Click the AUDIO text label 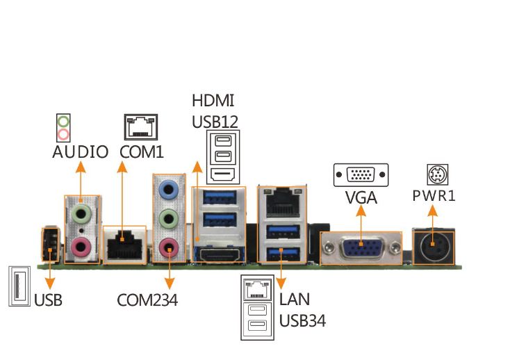pyautogui.click(x=80, y=152)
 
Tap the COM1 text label pyautogui.click(x=142, y=152)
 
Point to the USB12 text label pyautogui.click(x=215, y=122)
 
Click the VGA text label pyautogui.click(x=361, y=197)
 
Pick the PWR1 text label pyautogui.click(x=434, y=195)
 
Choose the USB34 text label pyautogui.click(x=302, y=320)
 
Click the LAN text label pyautogui.click(x=295, y=300)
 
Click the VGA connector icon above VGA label pyautogui.click(x=361, y=174)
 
